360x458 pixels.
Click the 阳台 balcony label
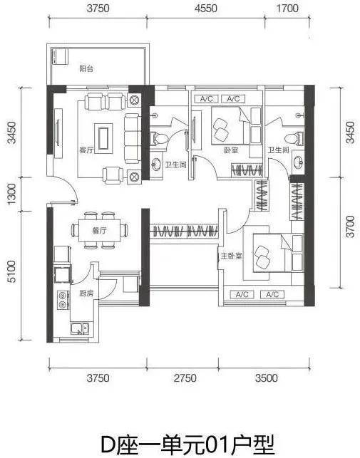pyautogui.click(x=86, y=69)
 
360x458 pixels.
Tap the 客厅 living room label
pyautogui.click(x=86, y=150)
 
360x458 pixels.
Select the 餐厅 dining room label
pyautogui.click(x=99, y=231)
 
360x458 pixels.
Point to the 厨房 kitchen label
pyautogui.click(x=86, y=293)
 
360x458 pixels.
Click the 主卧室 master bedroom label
pyautogui.click(x=231, y=256)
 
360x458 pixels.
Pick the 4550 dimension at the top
pyautogui.click(x=206, y=8)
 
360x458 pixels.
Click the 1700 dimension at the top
pyautogui.click(x=287, y=8)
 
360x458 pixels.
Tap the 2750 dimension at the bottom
pyautogui.click(x=185, y=378)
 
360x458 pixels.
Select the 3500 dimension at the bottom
pyautogui.click(x=266, y=378)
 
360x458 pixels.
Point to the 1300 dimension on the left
pyautogui.click(x=11, y=194)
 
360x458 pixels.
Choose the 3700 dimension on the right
pyautogui.click(x=350, y=227)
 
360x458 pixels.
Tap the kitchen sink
pyautogui.click(x=80, y=328)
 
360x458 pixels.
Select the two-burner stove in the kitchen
pyautogui.click(x=63, y=301)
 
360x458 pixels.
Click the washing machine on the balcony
pyautogui.click(x=60, y=56)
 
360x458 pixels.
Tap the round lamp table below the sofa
pyautogui.click(x=134, y=177)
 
